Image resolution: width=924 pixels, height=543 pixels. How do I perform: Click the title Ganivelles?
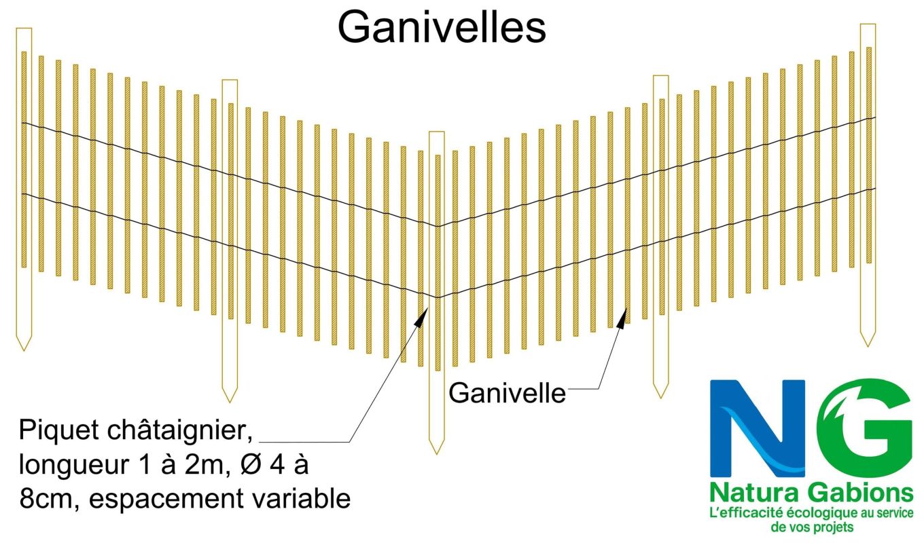[442, 28]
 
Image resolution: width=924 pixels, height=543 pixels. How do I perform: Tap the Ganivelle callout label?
[507, 392]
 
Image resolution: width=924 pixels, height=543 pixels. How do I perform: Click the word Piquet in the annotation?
[58, 431]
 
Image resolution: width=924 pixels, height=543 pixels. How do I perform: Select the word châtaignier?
[180, 430]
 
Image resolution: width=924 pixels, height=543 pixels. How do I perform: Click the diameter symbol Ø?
[251, 465]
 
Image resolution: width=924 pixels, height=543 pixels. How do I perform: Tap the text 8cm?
[49, 499]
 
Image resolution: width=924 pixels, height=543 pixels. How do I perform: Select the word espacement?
[166, 500]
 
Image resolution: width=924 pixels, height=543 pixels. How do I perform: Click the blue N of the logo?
[757, 428]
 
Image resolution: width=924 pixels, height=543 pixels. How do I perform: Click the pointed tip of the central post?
[436, 454]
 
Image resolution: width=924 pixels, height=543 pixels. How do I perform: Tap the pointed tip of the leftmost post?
[24, 351]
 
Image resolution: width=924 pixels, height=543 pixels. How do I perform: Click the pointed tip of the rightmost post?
[868, 346]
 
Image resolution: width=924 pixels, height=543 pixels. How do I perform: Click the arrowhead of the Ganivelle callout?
[622, 318]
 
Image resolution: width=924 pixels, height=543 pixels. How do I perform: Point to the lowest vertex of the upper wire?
[438, 226]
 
